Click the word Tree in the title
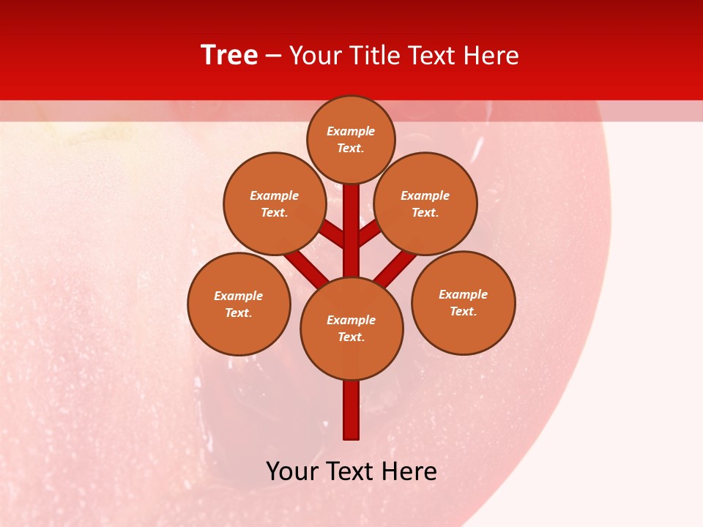(x=229, y=55)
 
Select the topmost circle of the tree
(x=351, y=139)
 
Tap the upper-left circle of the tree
(x=274, y=203)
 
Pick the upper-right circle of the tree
(x=425, y=203)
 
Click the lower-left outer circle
(x=239, y=304)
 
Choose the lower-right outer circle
(x=463, y=302)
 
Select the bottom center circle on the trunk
(x=351, y=329)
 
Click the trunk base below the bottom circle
(x=351, y=410)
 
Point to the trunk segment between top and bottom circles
(x=351, y=231)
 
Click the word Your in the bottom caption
(x=292, y=471)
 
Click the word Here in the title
(x=491, y=56)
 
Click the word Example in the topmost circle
(x=351, y=131)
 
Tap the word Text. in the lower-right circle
(x=463, y=311)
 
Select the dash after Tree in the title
(x=273, y=56)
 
